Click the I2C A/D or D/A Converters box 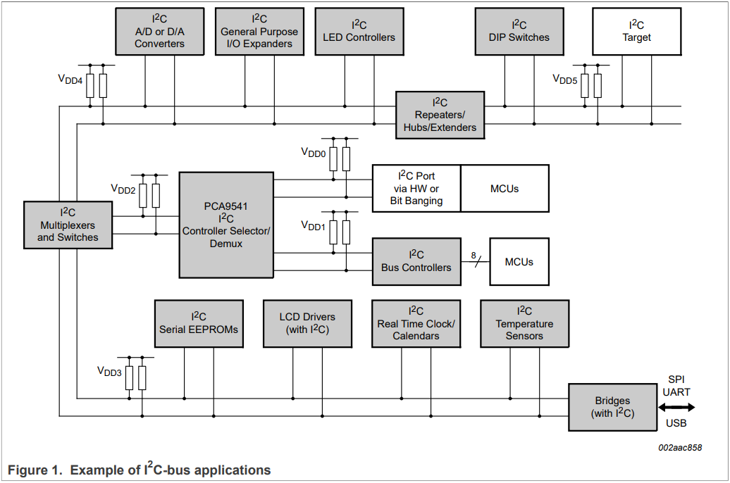point(159,32)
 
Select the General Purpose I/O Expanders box point(259,32)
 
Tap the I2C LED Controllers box point(359,32)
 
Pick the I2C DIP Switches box point(519,32)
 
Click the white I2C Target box point(636,32)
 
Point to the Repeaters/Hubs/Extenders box point(440,115)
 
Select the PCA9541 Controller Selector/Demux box point(225,225)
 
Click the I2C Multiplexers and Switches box point(68,225)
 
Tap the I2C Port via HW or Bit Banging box point(416,189)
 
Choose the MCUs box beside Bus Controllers point(519,261)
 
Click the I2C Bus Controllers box point(416,261)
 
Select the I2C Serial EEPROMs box point(199,323)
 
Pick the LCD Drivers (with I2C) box point(307,323)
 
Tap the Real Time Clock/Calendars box point(416,323)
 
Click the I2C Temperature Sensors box point(524,323)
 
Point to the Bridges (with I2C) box point(612,407)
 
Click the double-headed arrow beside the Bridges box point(676,407)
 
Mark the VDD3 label point(109,371)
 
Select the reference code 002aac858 point(679,448)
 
